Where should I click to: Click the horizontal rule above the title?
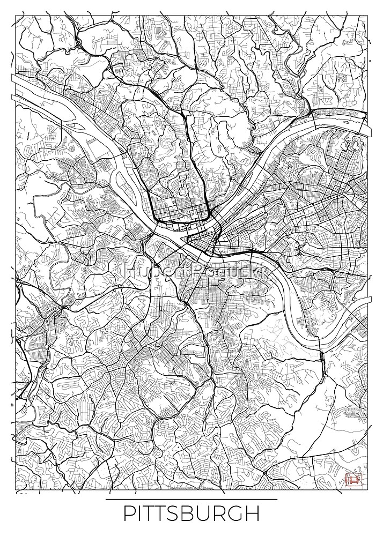[x=191, y=500]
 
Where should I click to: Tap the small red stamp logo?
[x=353, y=478]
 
